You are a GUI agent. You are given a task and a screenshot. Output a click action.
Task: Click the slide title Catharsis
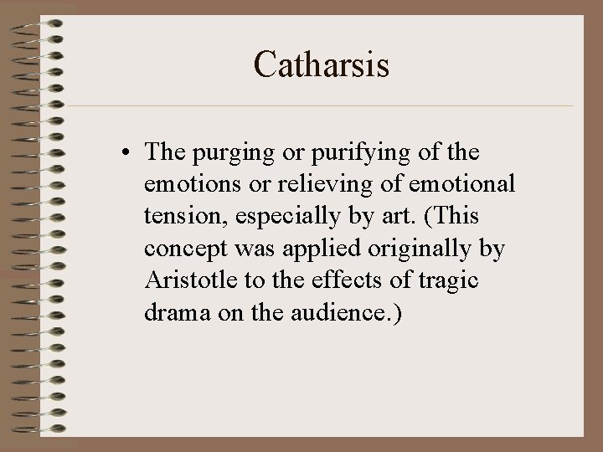pyautogui.click(x=322, y=64)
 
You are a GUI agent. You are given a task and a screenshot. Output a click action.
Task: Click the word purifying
pyautogui.click(x=348, y=154)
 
